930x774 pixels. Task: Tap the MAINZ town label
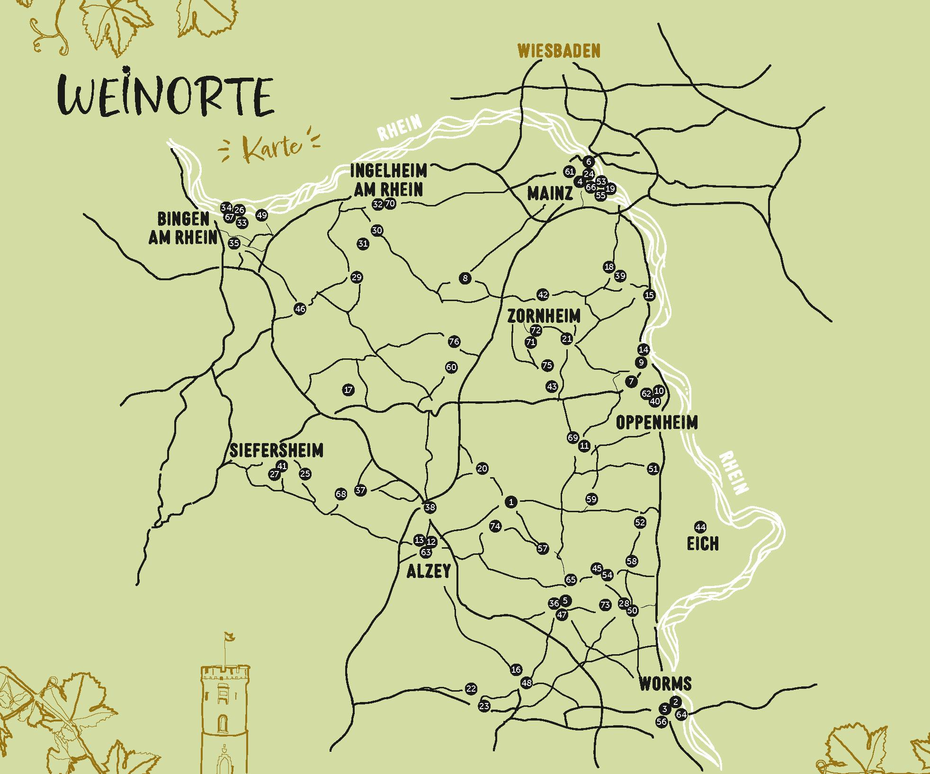coord(550,193)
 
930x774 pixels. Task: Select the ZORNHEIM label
coord(544,316)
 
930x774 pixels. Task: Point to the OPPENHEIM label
coord(657,422)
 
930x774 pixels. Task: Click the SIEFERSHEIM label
coord(277,451)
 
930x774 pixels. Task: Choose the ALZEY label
coord(429,571)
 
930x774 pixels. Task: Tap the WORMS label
coord(665,684)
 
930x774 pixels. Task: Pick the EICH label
coord(703,543)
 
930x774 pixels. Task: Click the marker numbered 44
coord(700,527)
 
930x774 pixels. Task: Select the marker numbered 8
coord(465,278)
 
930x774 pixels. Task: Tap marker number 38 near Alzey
coord(429,507)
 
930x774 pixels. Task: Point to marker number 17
coord(349,390)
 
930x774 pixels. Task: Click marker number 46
coord(300,309)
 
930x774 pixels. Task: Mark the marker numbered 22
coord(471,688)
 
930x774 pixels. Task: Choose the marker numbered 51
coord(653,469)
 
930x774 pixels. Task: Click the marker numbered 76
coord(454,341)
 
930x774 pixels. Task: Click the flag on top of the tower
coord(230,638)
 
